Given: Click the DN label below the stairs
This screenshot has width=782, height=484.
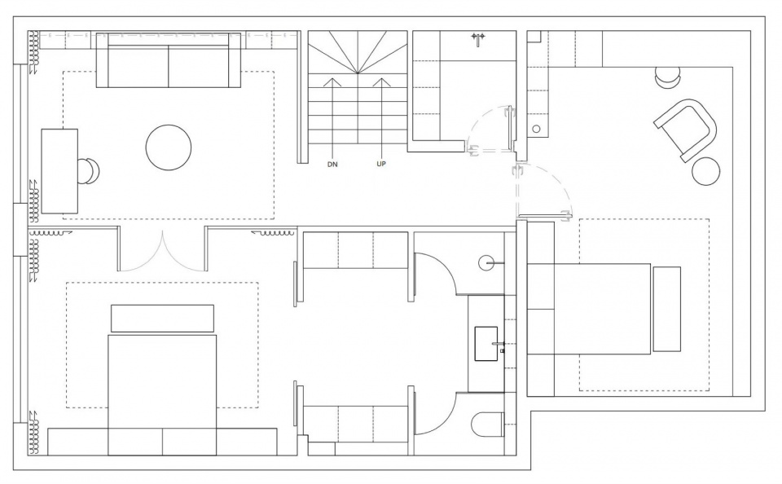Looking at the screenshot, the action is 332,164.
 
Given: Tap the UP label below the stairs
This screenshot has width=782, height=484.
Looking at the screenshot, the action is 381,164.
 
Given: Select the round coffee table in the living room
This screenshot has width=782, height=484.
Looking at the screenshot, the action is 169,147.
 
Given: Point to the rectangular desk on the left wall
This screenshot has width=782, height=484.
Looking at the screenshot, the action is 59,171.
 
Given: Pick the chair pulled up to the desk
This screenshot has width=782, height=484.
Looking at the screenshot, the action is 90,171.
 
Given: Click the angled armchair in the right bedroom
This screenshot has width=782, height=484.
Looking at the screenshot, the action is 686,130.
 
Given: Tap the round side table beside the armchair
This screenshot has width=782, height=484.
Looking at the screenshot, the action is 706,171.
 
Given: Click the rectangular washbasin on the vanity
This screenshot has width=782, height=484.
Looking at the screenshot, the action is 486,344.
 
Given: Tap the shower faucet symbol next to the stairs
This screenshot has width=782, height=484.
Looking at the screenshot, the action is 478,39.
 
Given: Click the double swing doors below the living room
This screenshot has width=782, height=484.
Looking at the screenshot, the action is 162,252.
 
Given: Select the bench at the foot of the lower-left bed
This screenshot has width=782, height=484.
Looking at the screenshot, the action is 162,319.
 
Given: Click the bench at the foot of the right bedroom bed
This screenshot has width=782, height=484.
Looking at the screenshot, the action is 667,309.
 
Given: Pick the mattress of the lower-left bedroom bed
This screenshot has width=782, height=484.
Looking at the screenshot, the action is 162,395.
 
